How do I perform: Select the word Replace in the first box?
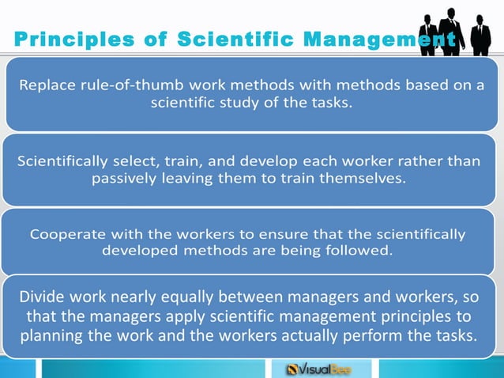tap(48, 86)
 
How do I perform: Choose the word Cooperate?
tap(64, 234)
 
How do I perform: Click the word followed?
tap(359, 251)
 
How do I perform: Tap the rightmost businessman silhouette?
tap(480, 34)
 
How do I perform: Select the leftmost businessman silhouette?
tap(428, 34)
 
